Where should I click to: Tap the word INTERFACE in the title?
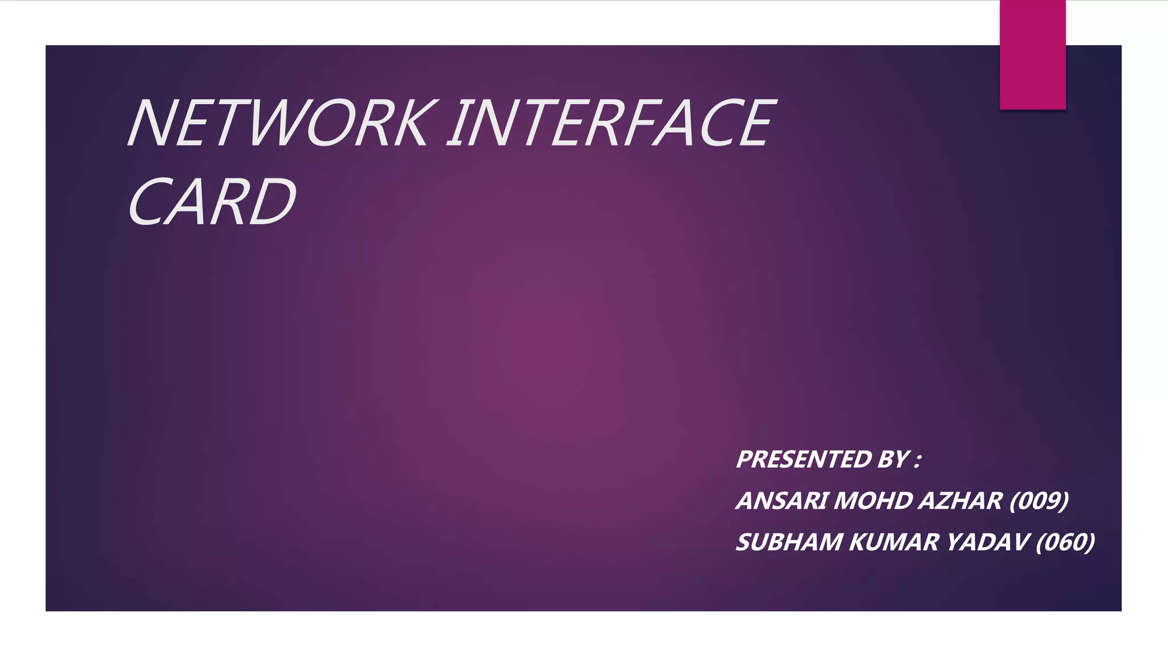pyautogui.click(x=610, y=123)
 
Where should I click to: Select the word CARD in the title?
pyautogui.click(x=212, y=201)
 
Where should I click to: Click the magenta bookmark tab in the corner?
pyautogui.click(x=1032, y=55)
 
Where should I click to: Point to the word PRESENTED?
pyautogui.click(x=804, y=460)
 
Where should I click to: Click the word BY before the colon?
pyautogui.click(x=894, y=460)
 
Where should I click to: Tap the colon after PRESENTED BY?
pyautogui.click(x=917, y=461)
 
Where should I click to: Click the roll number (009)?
pyautogui.click(x=1039, y=501)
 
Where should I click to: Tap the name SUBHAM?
pyautogui.click(x=789, y=542)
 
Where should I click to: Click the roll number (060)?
pyautogui.click(x=1065, y=542)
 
